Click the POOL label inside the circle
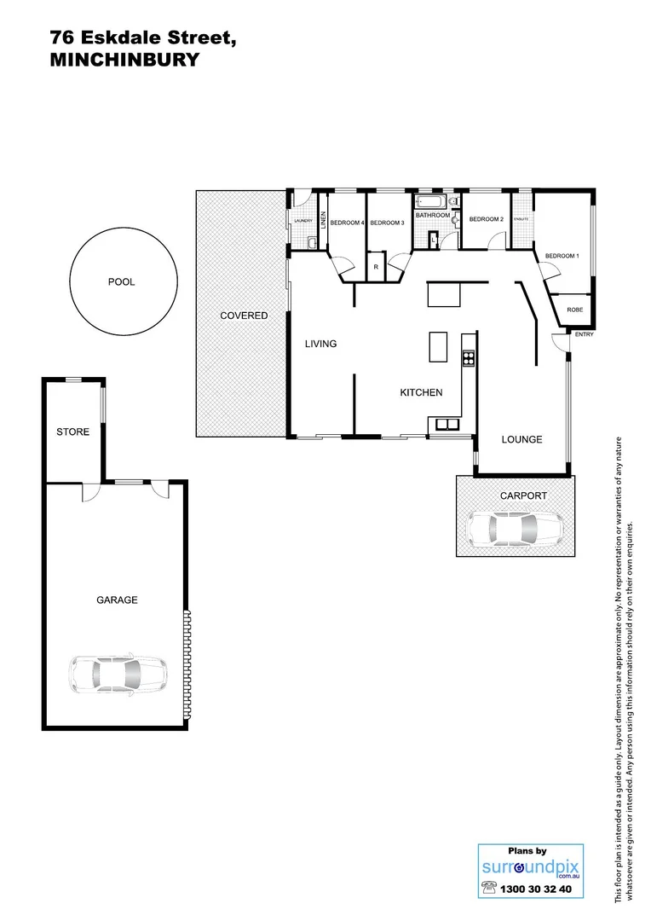(121, 282)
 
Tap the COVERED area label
(244, 316)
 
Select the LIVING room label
(321, 345)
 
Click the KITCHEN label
(421, 393)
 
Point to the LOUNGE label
(521, 440)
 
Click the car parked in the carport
(516, 530)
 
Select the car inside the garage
(118, 674)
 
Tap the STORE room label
(72, 432)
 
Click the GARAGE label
(117, 600)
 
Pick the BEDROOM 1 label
(562, 256)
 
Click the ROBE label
(575, 310)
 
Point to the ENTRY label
(584, 334)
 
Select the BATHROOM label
(433, 216)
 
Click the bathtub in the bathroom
(429, 202)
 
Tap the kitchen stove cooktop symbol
(468, 357)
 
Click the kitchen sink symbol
(446, 424)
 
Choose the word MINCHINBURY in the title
(124, 60)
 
